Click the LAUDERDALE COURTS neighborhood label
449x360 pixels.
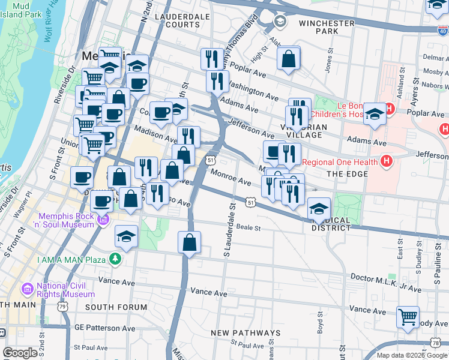coord(177,20)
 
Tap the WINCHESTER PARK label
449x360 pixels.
coord(327,27)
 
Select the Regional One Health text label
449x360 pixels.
coord(340,162)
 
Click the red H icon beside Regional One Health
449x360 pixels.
coord(387,161)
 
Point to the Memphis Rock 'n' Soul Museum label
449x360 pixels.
coord(67,221)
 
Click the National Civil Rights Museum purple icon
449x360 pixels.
coord(27,290)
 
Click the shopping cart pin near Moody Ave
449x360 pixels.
coord(408,316)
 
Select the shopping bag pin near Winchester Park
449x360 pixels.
coord(289,59)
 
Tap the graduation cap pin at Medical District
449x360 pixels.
coord(318,209)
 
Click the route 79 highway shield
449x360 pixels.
coord(62,307)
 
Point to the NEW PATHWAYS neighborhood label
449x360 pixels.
coord(246,332)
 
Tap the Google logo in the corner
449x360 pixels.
coord(20,353)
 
